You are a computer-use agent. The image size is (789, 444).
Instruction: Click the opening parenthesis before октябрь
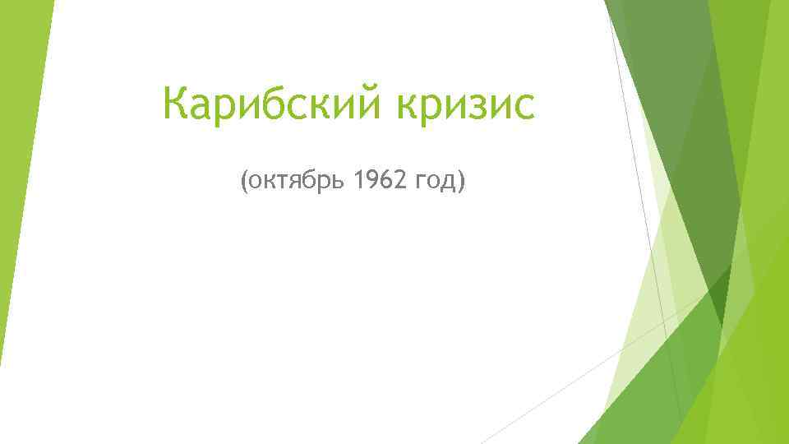point(243,180)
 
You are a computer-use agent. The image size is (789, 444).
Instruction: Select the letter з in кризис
point(469,107)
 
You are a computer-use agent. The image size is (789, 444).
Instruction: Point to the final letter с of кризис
point(523,107)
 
